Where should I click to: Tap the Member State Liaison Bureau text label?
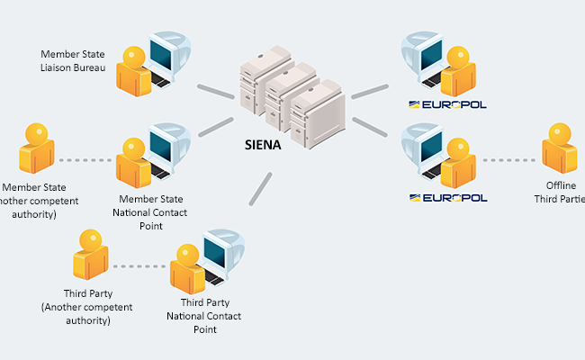pos(74,61)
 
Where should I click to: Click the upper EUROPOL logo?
pos(447,104)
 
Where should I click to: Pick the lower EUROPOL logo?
pos(447,197)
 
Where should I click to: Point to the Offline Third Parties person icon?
pos(559,149)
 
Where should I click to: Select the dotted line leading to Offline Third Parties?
pos(508,161)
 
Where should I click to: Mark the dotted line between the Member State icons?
pos(86,161)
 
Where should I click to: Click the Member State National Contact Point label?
pos(151,212)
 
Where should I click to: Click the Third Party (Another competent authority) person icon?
pos(89,254)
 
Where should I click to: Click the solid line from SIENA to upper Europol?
pos(369,88)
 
